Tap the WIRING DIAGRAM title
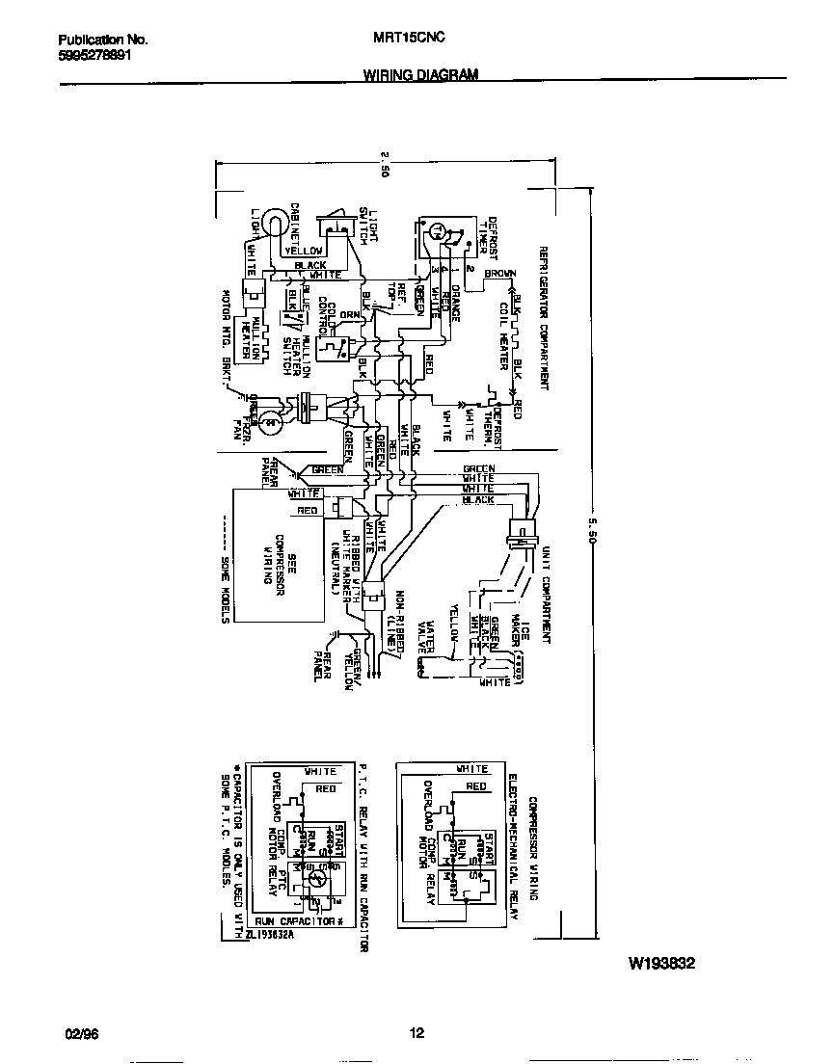click(420, 73)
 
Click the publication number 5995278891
click(94, 55)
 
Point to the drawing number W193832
click(662, 963)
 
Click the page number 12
click(416, 1034)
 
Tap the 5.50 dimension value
click(590, 539)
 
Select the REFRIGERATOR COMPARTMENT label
click(544, 318)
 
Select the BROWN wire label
click(500, 273)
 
